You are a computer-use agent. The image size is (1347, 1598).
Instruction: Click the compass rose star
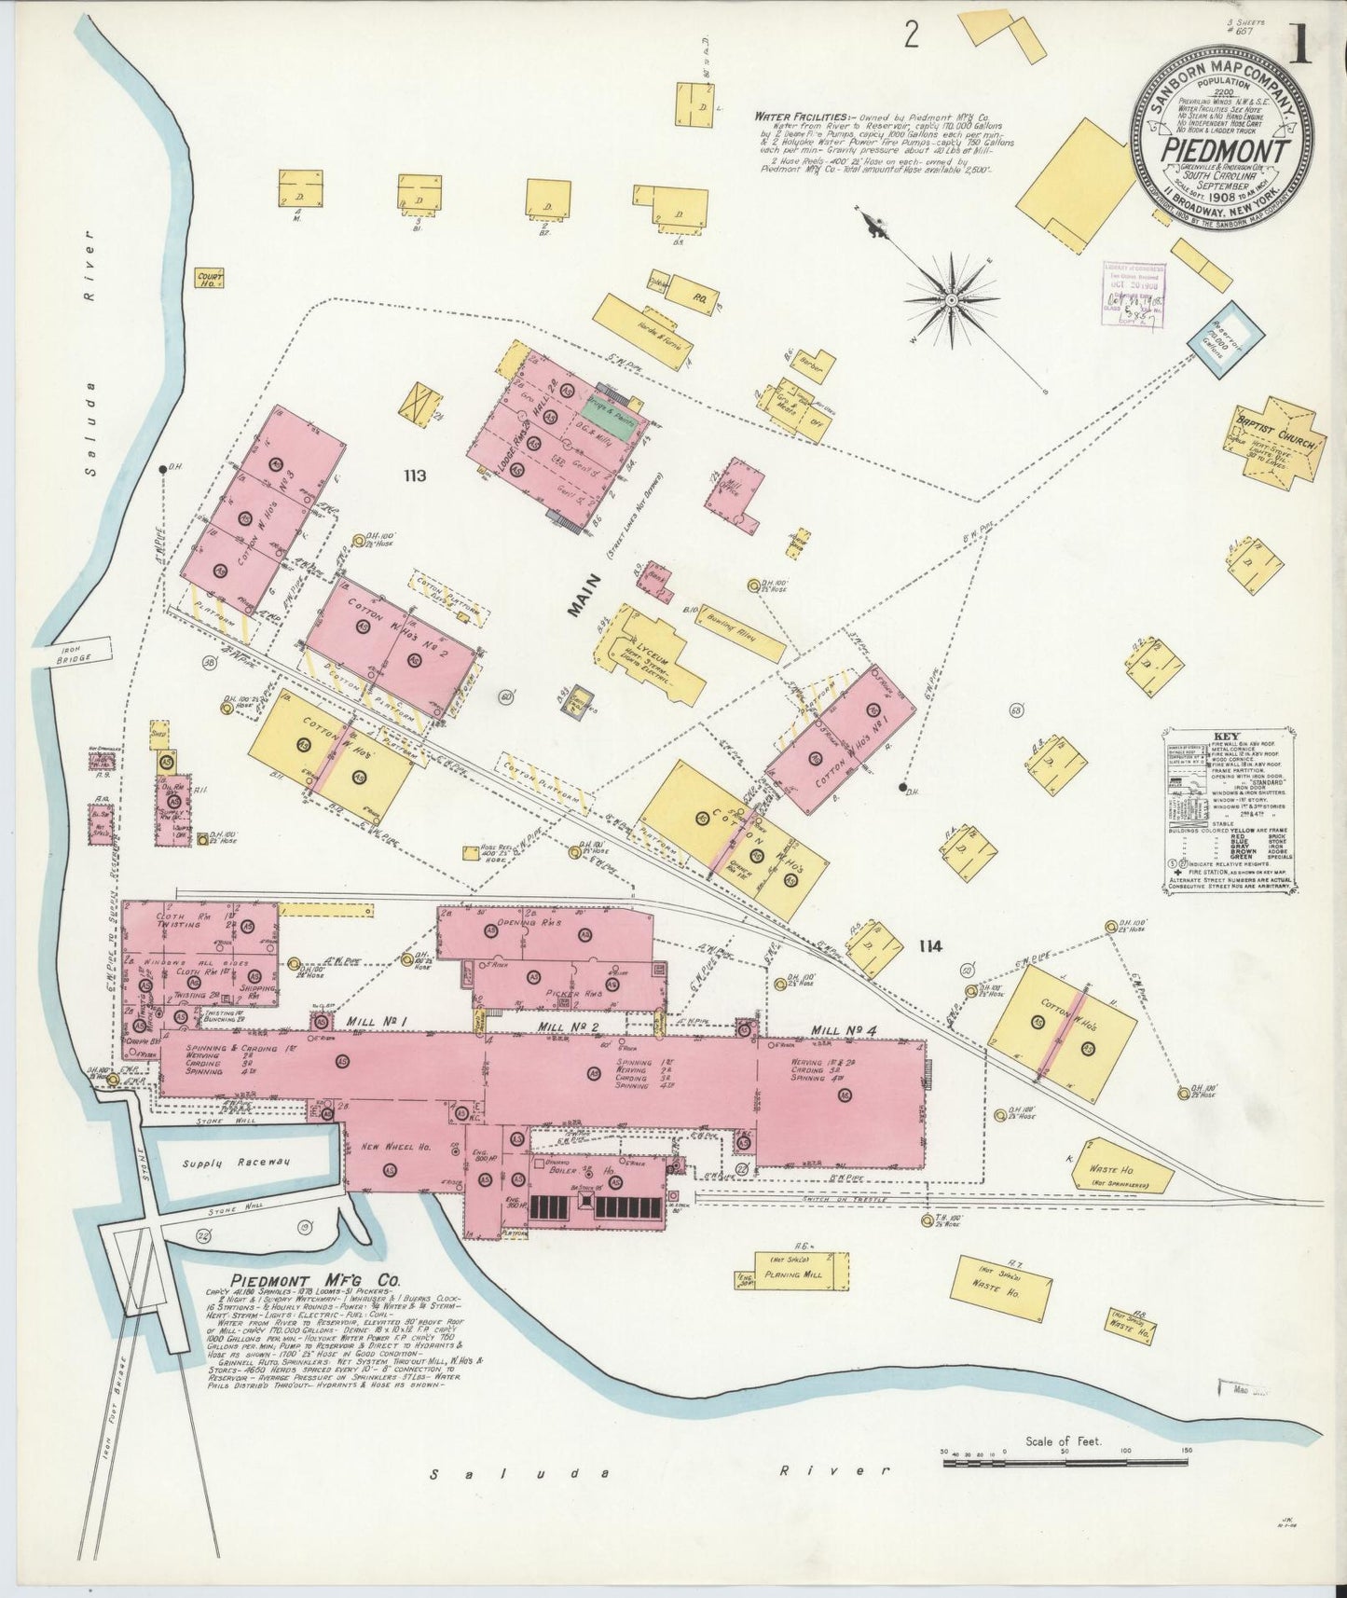coord(951,300)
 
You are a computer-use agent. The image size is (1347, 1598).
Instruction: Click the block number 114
coord(928,946)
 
